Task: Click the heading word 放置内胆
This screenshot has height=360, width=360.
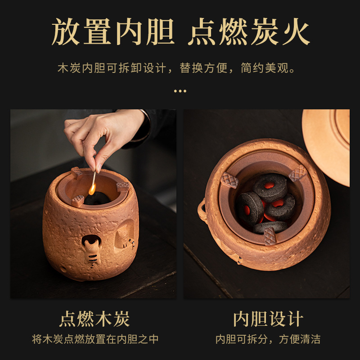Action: point(113,32)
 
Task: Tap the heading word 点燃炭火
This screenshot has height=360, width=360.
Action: point(249,32)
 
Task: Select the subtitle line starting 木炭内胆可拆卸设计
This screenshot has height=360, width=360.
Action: point(180,69)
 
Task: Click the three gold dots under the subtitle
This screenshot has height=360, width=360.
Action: point(180,91)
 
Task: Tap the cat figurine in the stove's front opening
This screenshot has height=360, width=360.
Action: point(90,250)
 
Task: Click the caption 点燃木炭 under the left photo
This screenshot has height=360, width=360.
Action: point(94,319)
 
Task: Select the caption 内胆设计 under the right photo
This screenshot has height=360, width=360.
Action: point(268,319)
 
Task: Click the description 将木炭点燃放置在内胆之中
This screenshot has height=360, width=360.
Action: point(94,339)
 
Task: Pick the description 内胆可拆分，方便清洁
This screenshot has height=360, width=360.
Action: point(268,339)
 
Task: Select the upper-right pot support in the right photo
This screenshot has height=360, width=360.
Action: point(297,173)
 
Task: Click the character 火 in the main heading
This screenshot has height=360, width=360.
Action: point(293,32)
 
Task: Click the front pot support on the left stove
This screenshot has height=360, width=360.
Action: point(78,200)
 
